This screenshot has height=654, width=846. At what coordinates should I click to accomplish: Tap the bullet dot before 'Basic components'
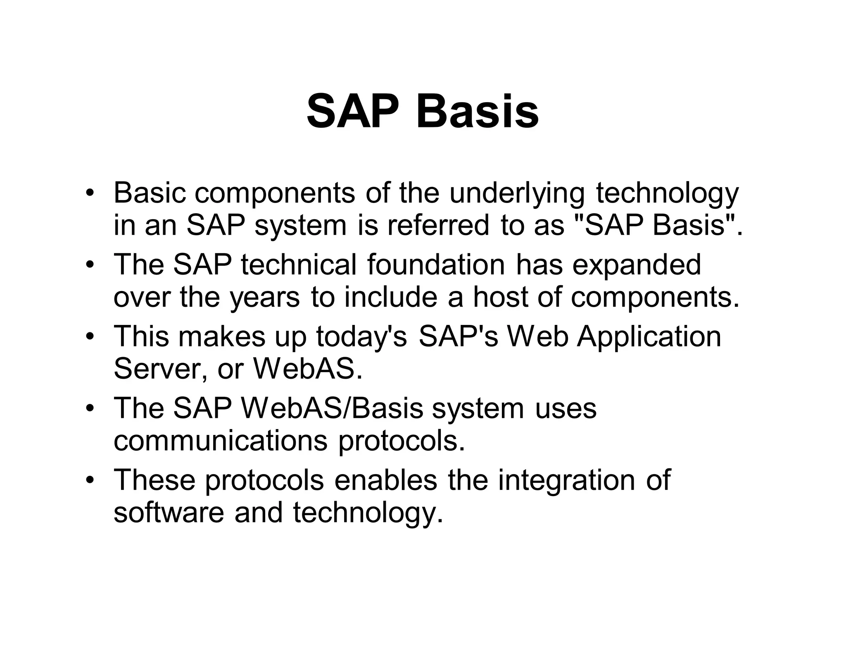[x=89, y=193]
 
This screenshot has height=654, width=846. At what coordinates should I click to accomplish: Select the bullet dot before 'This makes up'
[x=89, y=337]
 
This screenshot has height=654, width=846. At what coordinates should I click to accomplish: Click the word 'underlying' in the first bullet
[x=517, y=193]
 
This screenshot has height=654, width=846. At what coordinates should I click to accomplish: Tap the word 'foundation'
[x=436, y=265]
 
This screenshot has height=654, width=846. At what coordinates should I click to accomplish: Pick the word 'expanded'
[x=637, y=265]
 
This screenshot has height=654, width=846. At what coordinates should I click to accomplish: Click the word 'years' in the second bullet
[x=264, y=298]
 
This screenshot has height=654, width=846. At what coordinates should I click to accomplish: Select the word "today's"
[x=362, y=336]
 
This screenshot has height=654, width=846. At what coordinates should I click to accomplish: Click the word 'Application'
[x=649, y=337]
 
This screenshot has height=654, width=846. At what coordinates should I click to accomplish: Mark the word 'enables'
[x=385, y=480]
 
